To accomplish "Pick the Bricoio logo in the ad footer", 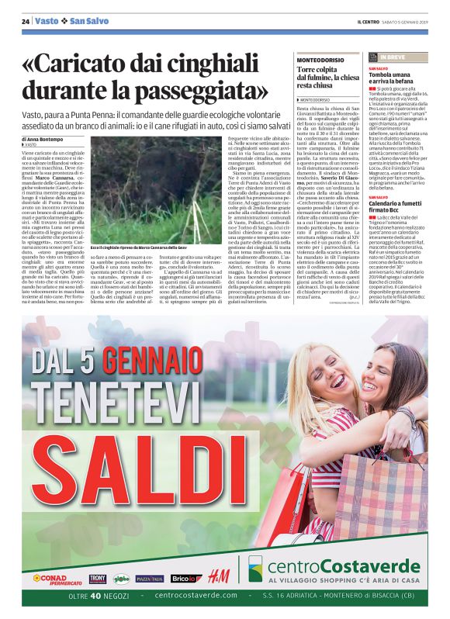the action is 183,578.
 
